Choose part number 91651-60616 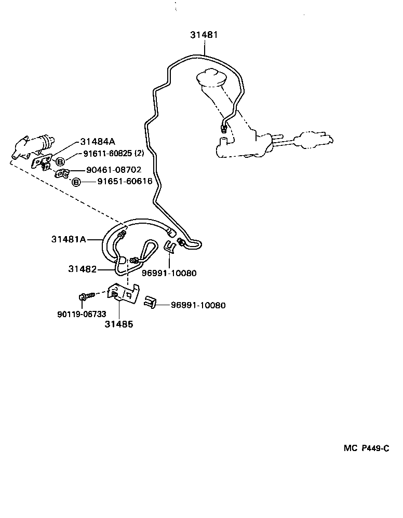pos(125,182)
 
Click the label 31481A pos(69,239)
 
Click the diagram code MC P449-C pos(366,448)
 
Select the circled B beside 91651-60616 pos(76,182)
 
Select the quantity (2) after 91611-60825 pos(139,154)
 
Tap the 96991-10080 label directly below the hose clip pos(169,273)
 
